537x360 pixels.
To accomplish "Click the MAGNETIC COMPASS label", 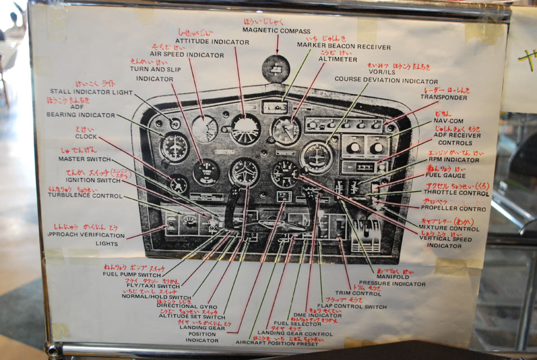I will pyautogui.click(x=277, y=32).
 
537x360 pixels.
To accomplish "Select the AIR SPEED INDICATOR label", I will pyautogui.click(x=187, y=55).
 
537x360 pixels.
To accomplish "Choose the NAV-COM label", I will pyautogui.click(x=447, y=120).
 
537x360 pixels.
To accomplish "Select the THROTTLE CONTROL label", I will pyautogui.click(x=456, y=193).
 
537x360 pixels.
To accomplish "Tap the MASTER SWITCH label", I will pyautogui.click(x=84, y=159).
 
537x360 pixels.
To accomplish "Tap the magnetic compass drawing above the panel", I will pyautogui.click(x=277, y=68).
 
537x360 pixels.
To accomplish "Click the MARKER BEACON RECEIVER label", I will pyautogui.click(x=344, y=47).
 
